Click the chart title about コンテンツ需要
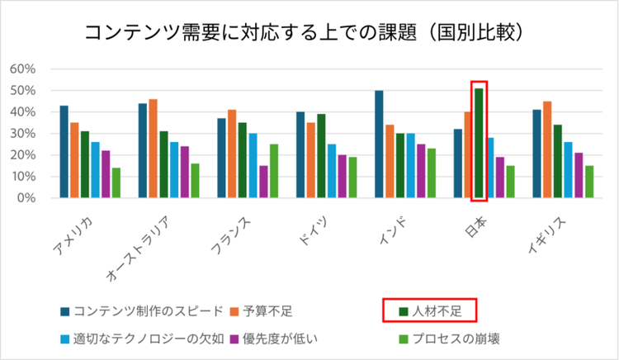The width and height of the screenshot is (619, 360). [x=306, y=34]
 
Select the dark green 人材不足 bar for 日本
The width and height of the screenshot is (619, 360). [x=479, y=143]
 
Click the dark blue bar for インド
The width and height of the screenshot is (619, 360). [x=379, y=144]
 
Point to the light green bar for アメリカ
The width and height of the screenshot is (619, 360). [x=116, y=182]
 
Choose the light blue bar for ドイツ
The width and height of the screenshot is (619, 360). [x=332, y=171]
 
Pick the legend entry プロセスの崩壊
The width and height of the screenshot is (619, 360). [x=458, y=339]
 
